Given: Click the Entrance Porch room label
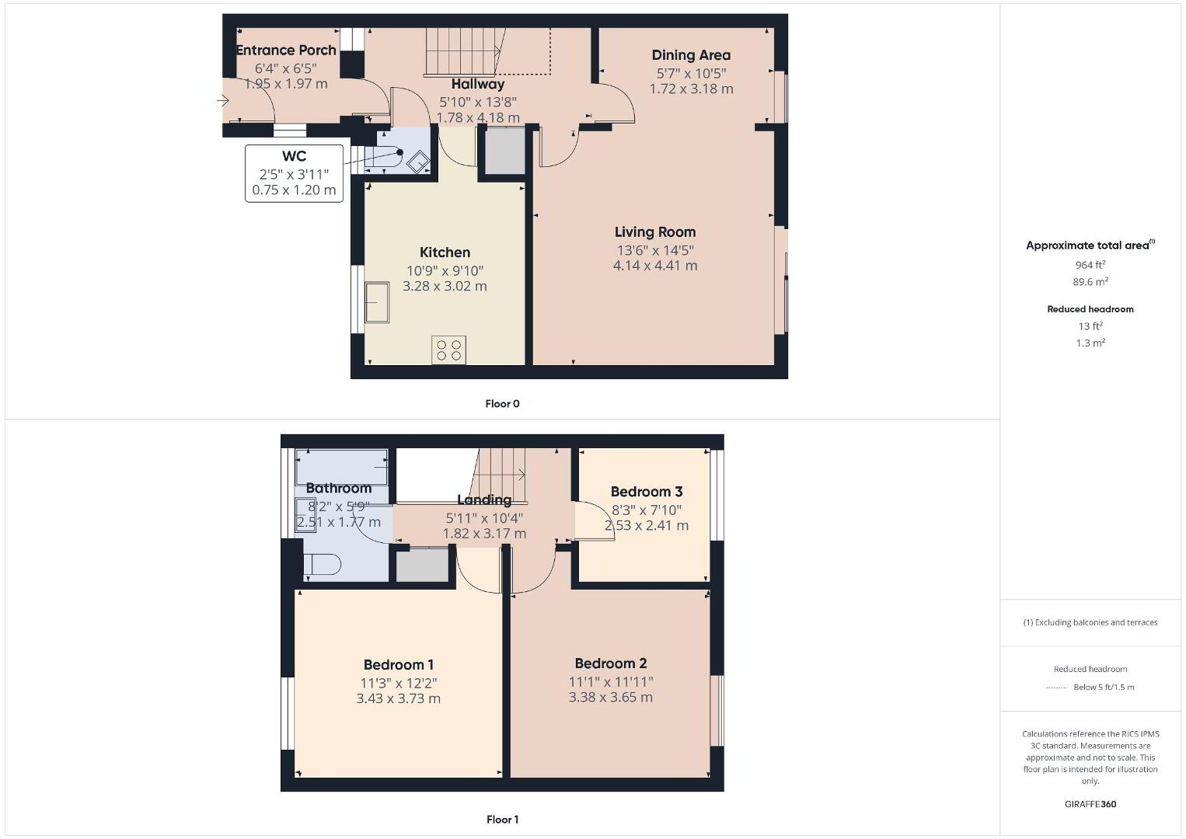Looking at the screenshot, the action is (286, 50).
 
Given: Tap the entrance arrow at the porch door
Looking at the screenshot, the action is (222, 100).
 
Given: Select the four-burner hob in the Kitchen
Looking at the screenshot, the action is (448, 350).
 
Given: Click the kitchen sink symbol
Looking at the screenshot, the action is (376, 302).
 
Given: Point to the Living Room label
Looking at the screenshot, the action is (655, 232).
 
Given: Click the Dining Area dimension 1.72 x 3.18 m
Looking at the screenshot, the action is (691, 89).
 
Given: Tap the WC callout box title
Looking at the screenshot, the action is (294, 156).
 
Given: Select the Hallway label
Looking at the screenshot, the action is (477, 84).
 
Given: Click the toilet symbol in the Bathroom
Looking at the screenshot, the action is (322, 564).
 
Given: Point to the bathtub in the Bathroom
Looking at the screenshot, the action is (341, 467).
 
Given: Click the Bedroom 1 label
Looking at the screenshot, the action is (398, 664).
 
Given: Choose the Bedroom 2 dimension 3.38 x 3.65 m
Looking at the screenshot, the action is (610, 697).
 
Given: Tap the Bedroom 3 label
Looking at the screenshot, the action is (647, 492).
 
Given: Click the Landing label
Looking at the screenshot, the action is (484, 500).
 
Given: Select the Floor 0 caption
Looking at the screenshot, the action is (502, 404).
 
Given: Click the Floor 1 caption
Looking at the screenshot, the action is (502, 820).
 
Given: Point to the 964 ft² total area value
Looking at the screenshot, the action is (1090, 265).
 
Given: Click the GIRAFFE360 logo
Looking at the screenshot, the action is (1090, 804).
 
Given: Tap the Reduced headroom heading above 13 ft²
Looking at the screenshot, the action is (1090, 309).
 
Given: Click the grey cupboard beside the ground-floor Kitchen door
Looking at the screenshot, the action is (506, 151).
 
